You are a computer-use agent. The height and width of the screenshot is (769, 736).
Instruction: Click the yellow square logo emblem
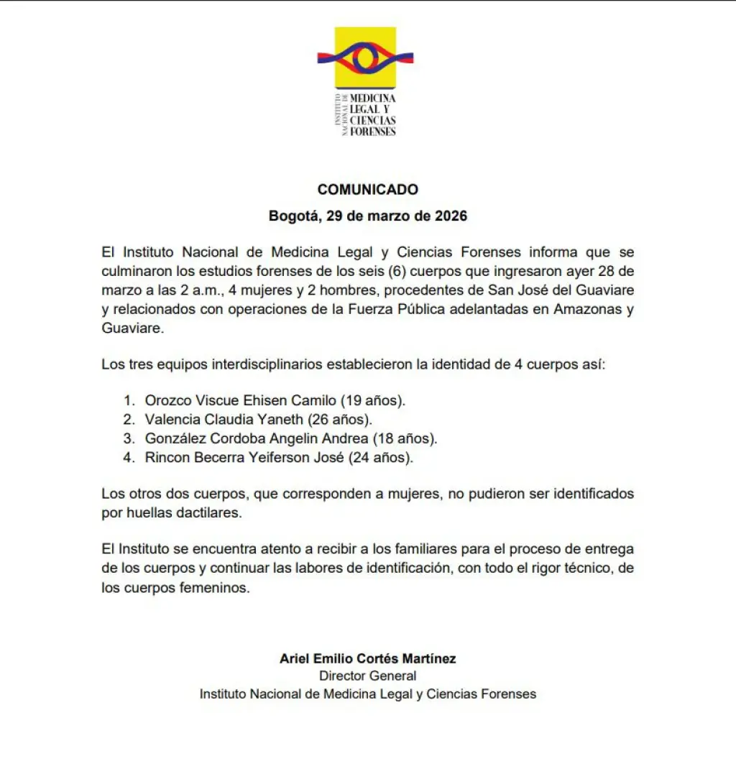pos(365,57)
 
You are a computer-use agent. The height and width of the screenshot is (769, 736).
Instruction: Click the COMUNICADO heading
pos(367,190)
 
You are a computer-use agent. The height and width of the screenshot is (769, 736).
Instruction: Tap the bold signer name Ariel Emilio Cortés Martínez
pos(367,658)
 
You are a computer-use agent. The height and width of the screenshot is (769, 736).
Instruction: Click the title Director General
pos(367,676)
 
